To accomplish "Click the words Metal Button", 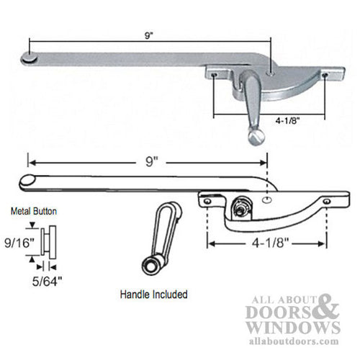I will [x=32, y=212].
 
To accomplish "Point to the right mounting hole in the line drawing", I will [x=326, y=201].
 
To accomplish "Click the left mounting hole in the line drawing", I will [x=207, y=202].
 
